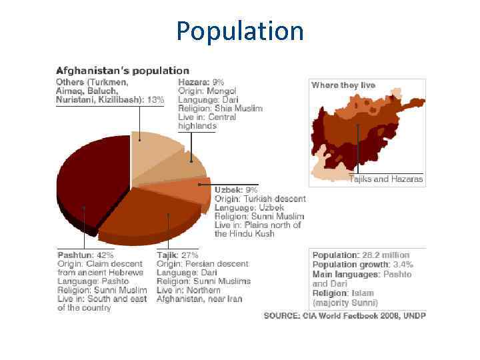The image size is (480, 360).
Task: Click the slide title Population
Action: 240,31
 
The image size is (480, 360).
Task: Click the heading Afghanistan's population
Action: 123,70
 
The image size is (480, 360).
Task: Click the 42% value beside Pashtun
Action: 105,255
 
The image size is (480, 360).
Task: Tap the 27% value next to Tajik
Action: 189,255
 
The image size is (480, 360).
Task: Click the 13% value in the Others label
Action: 155,100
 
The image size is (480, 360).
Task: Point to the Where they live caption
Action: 343,85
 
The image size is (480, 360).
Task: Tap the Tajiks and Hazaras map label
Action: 386,179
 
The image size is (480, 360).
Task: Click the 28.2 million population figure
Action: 387,255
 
